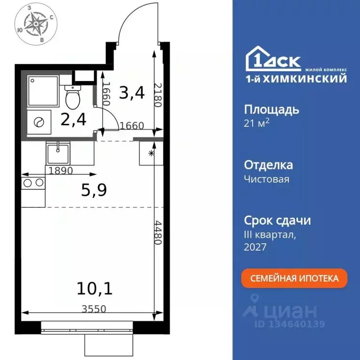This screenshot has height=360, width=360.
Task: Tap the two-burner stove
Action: (x=33, y=183)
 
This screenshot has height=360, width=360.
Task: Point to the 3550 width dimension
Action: (x=93, y=308)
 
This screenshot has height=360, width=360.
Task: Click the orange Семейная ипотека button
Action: (x=294, y=278)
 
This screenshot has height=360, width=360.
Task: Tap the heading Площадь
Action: (x=271, y=110)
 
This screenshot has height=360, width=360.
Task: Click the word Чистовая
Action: (x=267, y=179)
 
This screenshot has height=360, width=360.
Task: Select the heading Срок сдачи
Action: (x=277, y=220)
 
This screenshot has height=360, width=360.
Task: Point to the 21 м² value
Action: (x=257, y=123)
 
